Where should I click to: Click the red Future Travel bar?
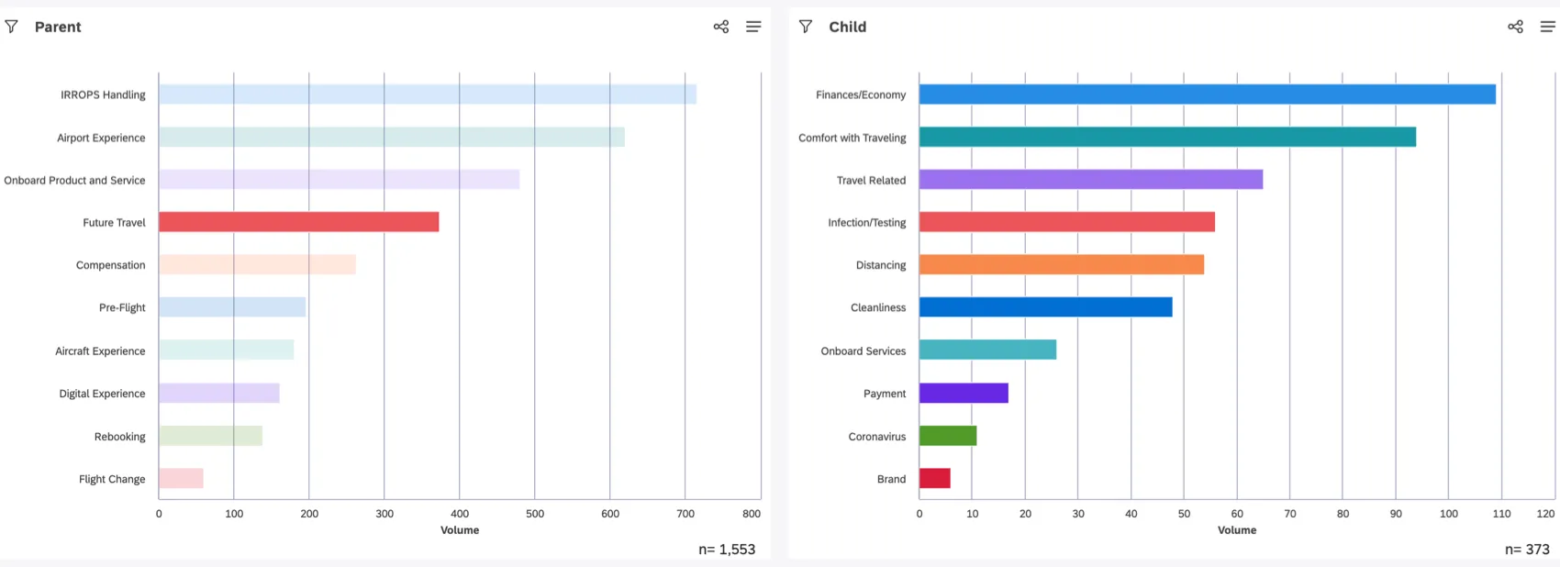click(298, 222)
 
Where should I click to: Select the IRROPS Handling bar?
click(427, 94)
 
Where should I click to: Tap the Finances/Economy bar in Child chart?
click(1207, 94)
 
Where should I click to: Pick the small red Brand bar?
click(934, 479)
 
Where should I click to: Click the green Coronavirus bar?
click(947, 436)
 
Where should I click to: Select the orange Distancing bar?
click(1061, 265)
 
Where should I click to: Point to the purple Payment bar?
click(964, 394)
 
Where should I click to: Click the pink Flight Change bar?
click(181, 479)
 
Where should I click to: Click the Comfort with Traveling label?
click(852, 138)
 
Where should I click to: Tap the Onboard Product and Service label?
click(74, 181)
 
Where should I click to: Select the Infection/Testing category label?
click(866, 223)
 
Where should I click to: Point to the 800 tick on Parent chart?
click(751, 514)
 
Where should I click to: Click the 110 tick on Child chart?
click(1501, 514)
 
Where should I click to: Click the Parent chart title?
click(58, 28)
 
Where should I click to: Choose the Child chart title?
click(847, 28)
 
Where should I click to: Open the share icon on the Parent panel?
click(721, 27)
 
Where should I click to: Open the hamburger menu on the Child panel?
click(1547, 27)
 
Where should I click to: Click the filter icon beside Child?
click(806, 27)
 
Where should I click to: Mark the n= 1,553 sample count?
click(727, 550)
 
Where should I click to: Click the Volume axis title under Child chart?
click(1236, 530)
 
